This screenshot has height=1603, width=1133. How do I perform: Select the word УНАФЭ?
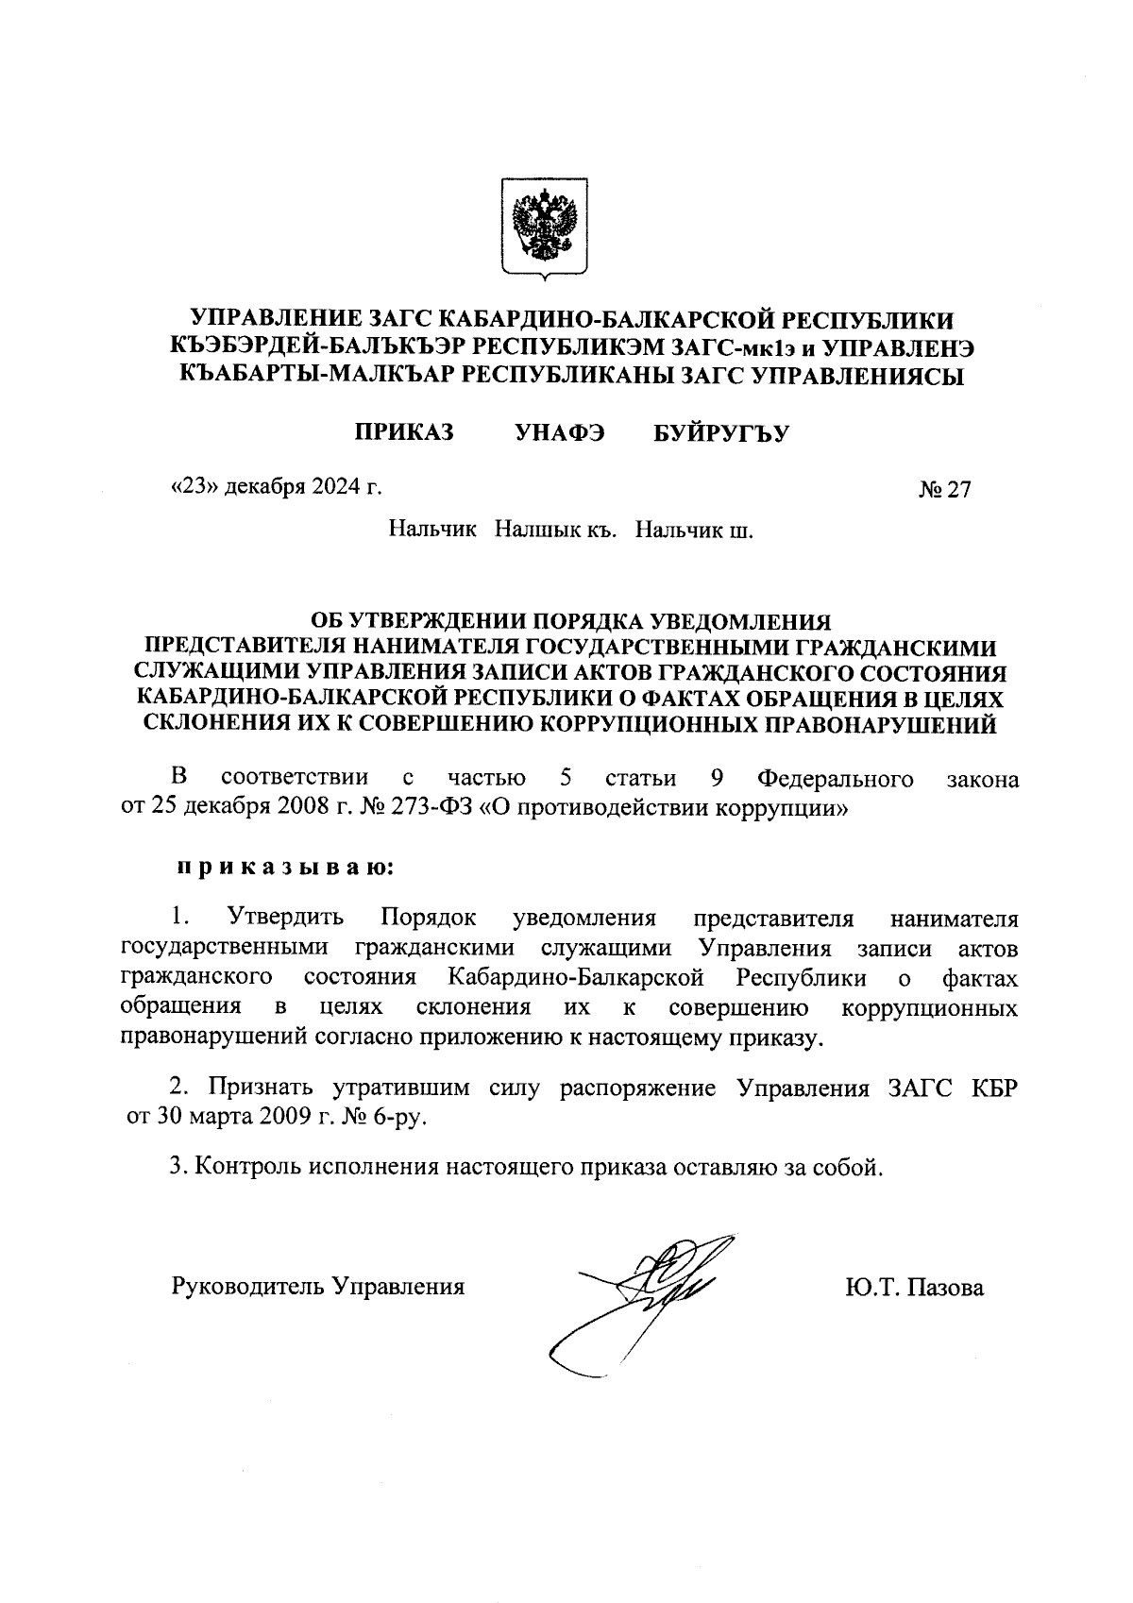tap(560, 433)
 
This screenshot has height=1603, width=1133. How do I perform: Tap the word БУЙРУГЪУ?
tap(720, 433)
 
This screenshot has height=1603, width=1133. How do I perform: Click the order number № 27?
tap(944, 490)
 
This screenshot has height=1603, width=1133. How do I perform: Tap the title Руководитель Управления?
tap(318, 1285)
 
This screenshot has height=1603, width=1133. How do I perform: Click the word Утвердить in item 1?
tap(285, 918)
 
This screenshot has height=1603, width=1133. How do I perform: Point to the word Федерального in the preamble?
tap(836, 779)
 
